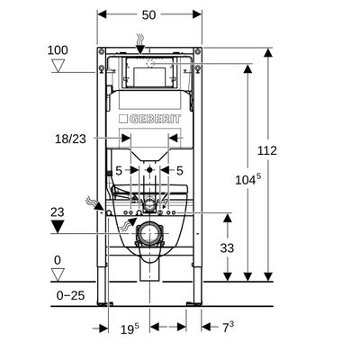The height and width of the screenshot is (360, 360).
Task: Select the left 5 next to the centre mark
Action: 119,170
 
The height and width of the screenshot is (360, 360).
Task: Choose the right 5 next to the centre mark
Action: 180,170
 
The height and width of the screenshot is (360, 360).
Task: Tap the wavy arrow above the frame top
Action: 139,39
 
